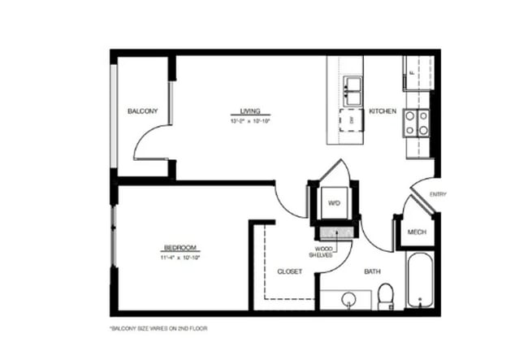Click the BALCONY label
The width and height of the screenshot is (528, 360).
pyautogui.click(x=142, y=111)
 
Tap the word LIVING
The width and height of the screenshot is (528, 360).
pyautogui.click(x=250, y=112)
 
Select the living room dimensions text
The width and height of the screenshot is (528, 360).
pyautogui.click(x=250, y=121)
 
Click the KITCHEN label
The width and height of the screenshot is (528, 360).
pyautogui.click(x=382, y=111)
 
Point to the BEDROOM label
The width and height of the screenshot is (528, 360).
pyautogui.click(x=180, y=248)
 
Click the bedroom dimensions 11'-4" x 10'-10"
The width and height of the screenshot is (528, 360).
pyautogui.click(x=180, y=257)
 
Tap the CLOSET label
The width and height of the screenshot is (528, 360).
pyautogui.click(x=290, y=271)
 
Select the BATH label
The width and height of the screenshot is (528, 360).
pyautogui.click(x=373, y=271)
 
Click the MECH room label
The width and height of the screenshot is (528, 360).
pyautogui.click(x=417, y=232)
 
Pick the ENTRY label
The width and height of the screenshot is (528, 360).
pyautogui.click(x=438, y=194)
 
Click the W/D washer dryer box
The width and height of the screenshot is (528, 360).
pyautogui.click(x=334, y=203)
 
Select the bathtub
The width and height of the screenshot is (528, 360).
pyautogui.click(x=420, y=281)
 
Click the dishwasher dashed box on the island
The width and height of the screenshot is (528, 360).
pyautogui.click(x=351, y=119)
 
